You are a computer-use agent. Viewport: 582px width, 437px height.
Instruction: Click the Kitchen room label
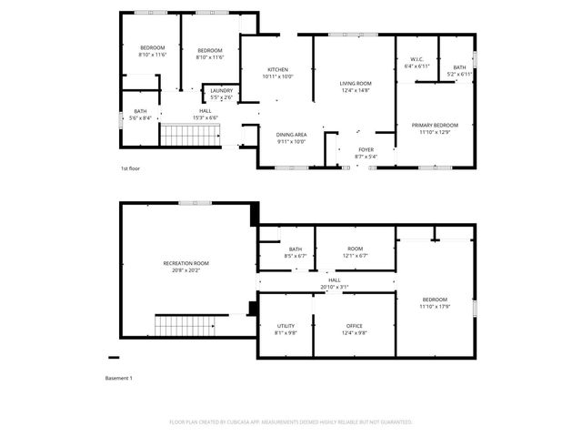277,70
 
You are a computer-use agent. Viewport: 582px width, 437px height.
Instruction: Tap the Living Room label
356,83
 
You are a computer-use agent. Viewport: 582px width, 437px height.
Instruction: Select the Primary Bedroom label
434,125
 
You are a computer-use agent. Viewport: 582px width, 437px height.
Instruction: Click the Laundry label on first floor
221,90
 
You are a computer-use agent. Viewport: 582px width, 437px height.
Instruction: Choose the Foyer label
365,149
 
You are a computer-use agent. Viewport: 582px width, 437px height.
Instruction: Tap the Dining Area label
291,134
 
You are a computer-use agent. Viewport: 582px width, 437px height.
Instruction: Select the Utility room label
286,326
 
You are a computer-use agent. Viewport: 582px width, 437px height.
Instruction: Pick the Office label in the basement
354,326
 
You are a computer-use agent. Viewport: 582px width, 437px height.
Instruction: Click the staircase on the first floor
191,137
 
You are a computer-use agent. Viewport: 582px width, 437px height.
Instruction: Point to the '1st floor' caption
131,169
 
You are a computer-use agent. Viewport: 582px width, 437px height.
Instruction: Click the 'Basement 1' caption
118,378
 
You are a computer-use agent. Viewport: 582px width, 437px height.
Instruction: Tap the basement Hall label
335,280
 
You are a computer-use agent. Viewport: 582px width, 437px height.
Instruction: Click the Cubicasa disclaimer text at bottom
291,422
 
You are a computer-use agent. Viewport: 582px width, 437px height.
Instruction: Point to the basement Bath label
296,249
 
